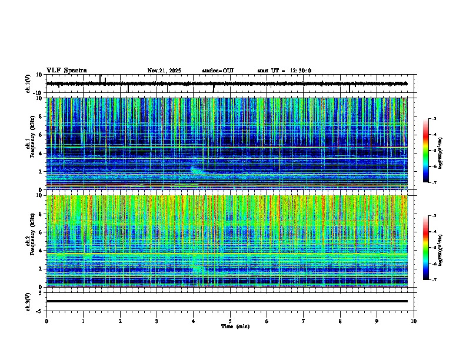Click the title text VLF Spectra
tap(66, 71)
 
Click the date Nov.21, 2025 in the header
tap(164, 71)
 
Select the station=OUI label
tap(218, 71)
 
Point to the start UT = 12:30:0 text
tap(284, 71)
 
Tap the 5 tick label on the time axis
tap(230, 321)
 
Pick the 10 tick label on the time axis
tap(414, 321)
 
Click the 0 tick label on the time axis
tap(46, 321)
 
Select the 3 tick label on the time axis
tap(157, 321)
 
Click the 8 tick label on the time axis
tap(340, 321)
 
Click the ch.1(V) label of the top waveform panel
tap(28, 84)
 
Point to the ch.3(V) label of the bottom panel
tap(28, 301)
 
